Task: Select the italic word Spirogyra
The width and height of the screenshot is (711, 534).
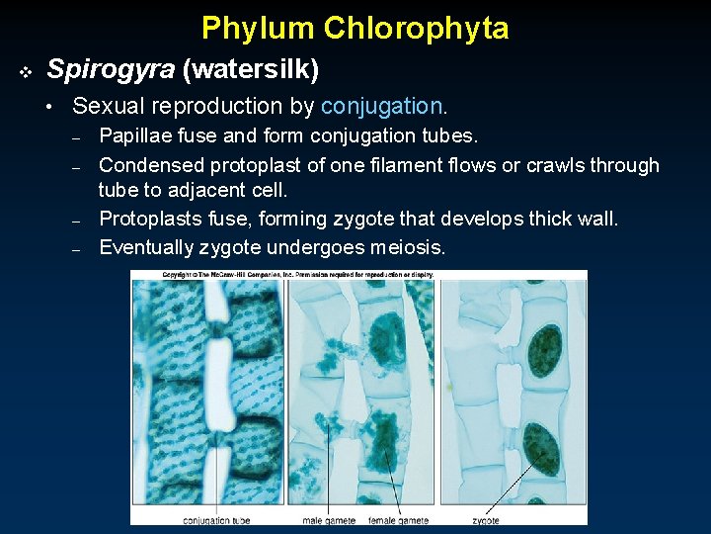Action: pyautogui.click(x=110, y=69)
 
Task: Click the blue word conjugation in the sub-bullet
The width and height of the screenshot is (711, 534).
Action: pyautogui.click(x=382, y=106)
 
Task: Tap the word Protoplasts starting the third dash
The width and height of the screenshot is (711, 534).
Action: pyautogui.click(x=150, y=219)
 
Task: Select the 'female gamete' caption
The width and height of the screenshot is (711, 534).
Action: pyautogui.click(x=399, y=520)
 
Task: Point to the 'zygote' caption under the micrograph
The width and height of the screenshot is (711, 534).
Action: pyautogui.click(x=485, y=520)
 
